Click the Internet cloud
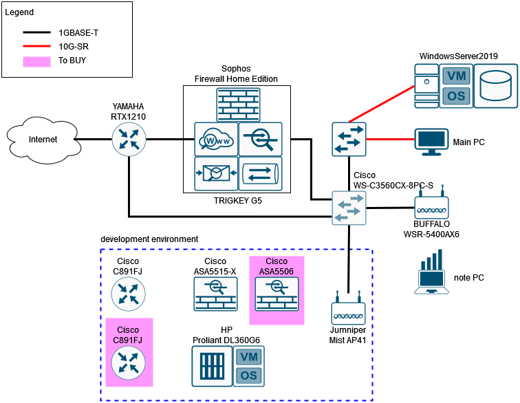pyautogui.click(x=43, y=140)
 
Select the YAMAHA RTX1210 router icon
pyautogui.click(x=129, y=140)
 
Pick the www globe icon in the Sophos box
pyautogui.click(x=215, y=140)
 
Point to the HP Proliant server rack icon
pyautogui.click(x=211, y=366)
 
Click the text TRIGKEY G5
pyautogui.click(x=237, y=201)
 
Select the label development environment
pyautogui.click(x=149, y=239)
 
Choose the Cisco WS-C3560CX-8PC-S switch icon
pyautogui.click(x=349, y=207)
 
